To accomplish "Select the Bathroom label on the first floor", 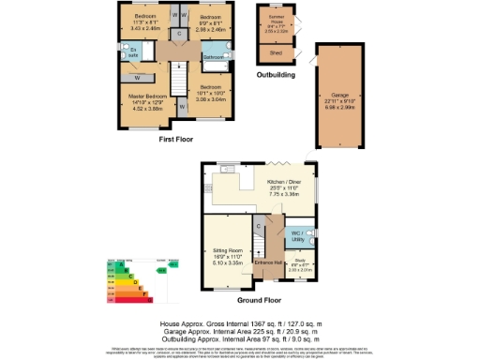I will click(x=212, y=57).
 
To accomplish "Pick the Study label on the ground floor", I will click(x=301, y=262).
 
